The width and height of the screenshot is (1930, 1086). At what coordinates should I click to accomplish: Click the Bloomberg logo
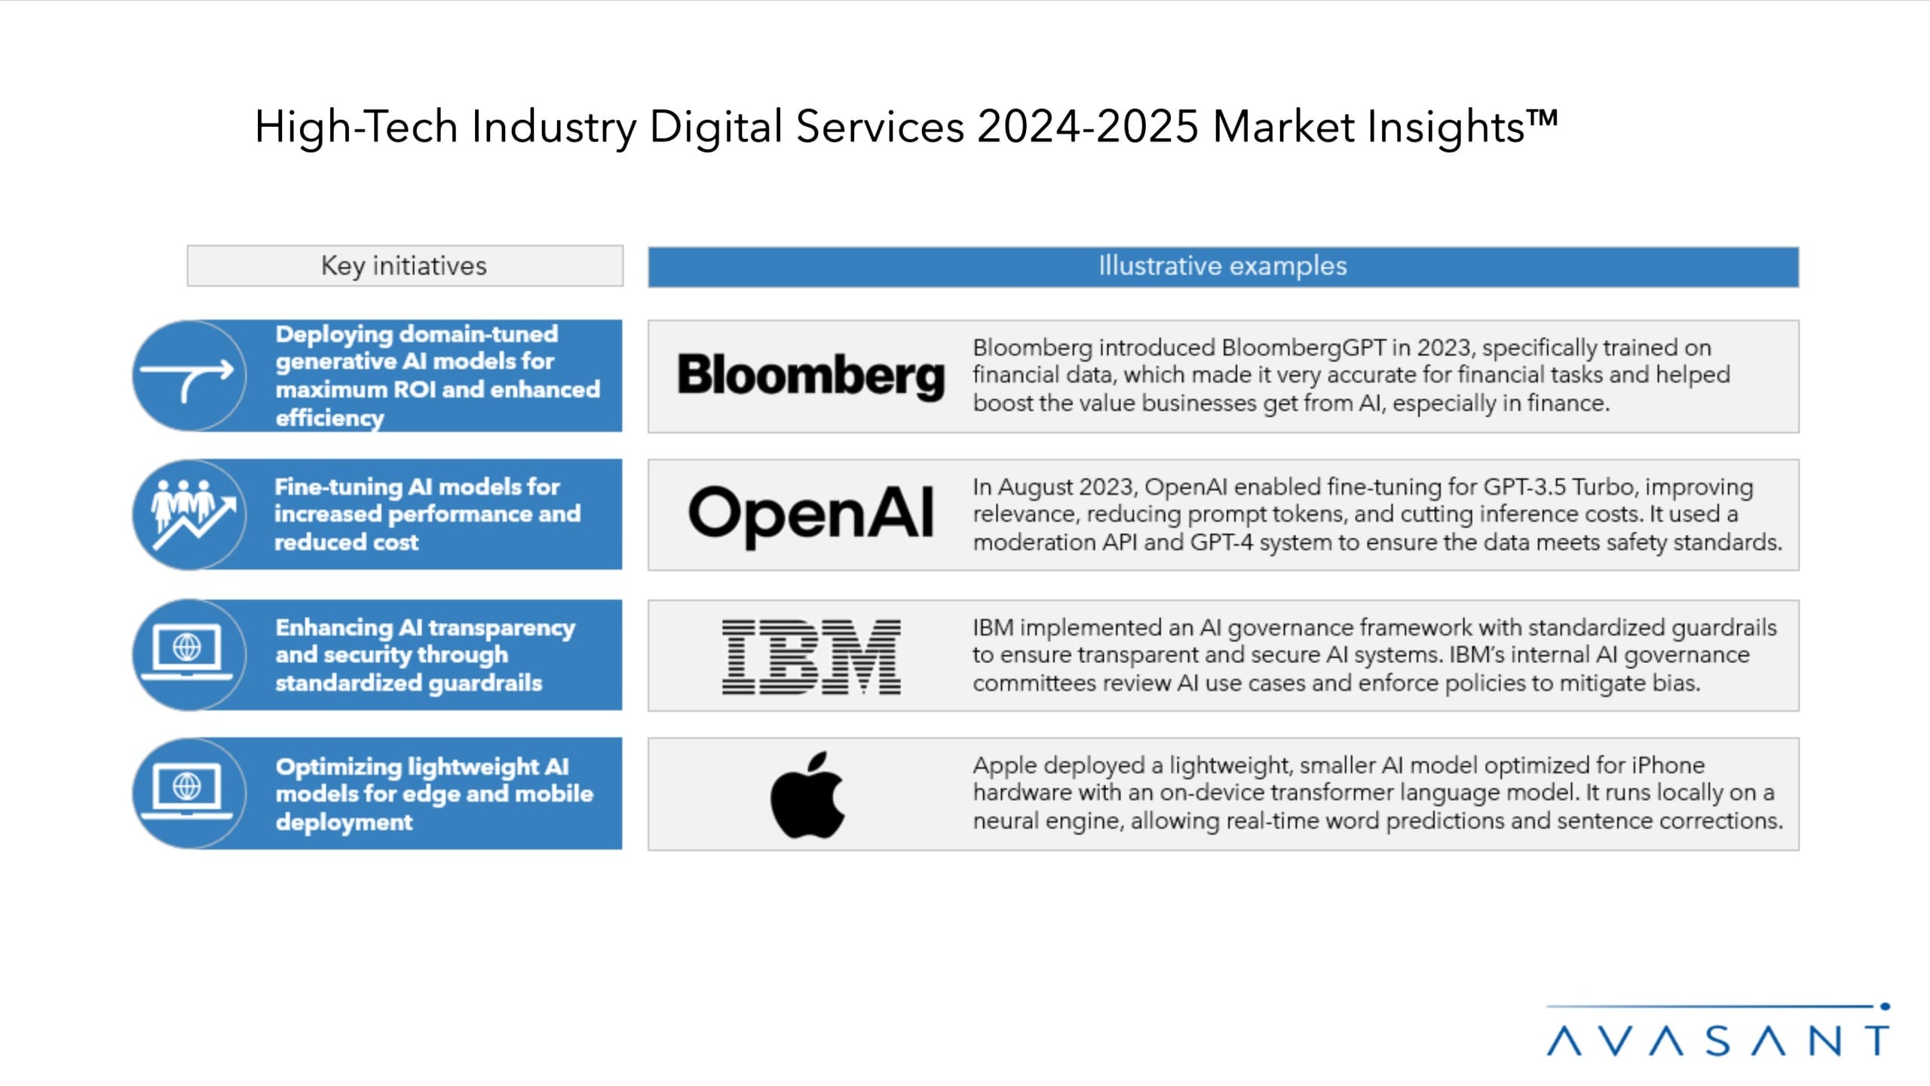coord(810,376)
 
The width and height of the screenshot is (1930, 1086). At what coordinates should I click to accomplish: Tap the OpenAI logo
coord(810,514)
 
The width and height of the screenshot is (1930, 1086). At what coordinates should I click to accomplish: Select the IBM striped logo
coord(811,656)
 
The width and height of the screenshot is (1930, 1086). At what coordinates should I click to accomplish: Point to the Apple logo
coord(807,795)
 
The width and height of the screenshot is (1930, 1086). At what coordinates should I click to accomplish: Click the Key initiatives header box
coord(405,265)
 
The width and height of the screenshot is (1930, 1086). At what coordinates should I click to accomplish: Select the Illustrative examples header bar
coord(1223,266)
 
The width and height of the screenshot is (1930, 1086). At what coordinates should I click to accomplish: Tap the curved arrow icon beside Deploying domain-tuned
coord(188,376)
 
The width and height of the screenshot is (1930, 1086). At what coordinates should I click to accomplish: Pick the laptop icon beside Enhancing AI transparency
coord(188,653)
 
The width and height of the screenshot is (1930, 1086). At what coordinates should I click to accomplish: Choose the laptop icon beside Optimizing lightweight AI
coord(188,792)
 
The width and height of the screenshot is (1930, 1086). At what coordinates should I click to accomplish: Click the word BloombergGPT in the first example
coord(1304,348)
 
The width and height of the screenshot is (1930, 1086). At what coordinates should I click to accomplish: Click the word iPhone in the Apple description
coord(1668,765)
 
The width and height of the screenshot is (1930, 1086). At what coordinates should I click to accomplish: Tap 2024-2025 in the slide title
coord(1087,127)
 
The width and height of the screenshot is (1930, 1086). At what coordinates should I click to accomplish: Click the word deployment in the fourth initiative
coord(344,822)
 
